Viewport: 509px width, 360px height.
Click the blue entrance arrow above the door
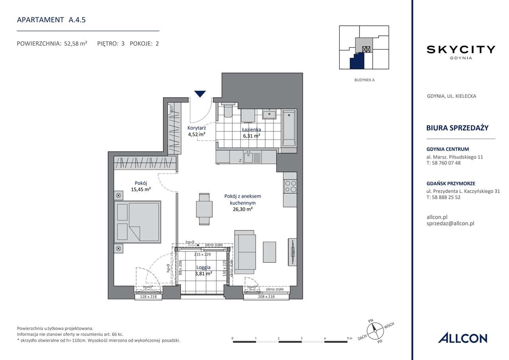pos(200,94)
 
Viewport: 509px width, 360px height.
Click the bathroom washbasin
pos(269,114)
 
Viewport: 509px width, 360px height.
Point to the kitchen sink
pos(249,158)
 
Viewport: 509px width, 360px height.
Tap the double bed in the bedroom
pos(138,222)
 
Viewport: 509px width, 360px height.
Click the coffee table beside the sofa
pos(270,252)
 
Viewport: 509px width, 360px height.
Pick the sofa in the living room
pos(245,252)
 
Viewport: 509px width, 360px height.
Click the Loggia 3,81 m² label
pos(203,270)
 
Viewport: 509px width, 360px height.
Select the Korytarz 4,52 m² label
pos(196,131)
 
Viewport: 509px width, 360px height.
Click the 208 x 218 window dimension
pos(266,296)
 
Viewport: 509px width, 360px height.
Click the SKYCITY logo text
pos(460,50)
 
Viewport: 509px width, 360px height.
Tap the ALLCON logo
pos(462,338)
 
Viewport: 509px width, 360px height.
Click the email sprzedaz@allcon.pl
pos(450,223)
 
